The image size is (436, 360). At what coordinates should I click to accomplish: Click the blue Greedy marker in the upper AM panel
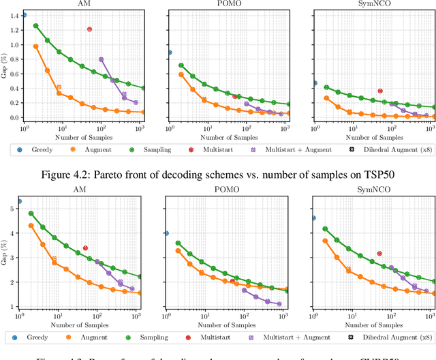point(25,14)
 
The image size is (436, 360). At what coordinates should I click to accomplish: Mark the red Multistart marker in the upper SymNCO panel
point(380,91)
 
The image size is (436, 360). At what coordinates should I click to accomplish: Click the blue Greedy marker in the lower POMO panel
point(166,233)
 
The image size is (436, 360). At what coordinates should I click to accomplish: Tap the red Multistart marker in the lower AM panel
point(85,248)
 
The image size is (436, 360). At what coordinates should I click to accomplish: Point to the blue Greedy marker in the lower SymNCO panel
point(314,218)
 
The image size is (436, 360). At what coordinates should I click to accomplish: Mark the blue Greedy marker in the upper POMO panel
point(170,52)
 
